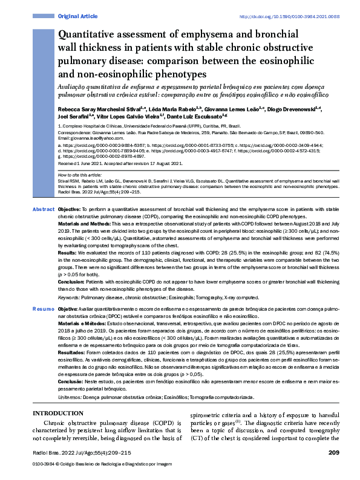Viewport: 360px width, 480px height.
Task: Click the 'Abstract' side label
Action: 42,209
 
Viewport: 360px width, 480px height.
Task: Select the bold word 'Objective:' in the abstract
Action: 70,209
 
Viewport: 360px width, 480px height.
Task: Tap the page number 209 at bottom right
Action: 333,452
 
